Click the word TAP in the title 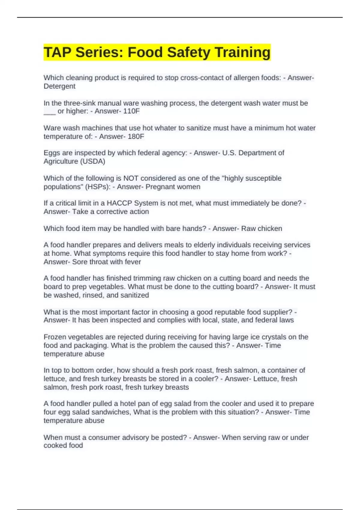(x=57, y=52)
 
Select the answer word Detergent (x=59, y=86)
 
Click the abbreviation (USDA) (x=92, y=161)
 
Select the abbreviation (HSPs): (x=98, y=187)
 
